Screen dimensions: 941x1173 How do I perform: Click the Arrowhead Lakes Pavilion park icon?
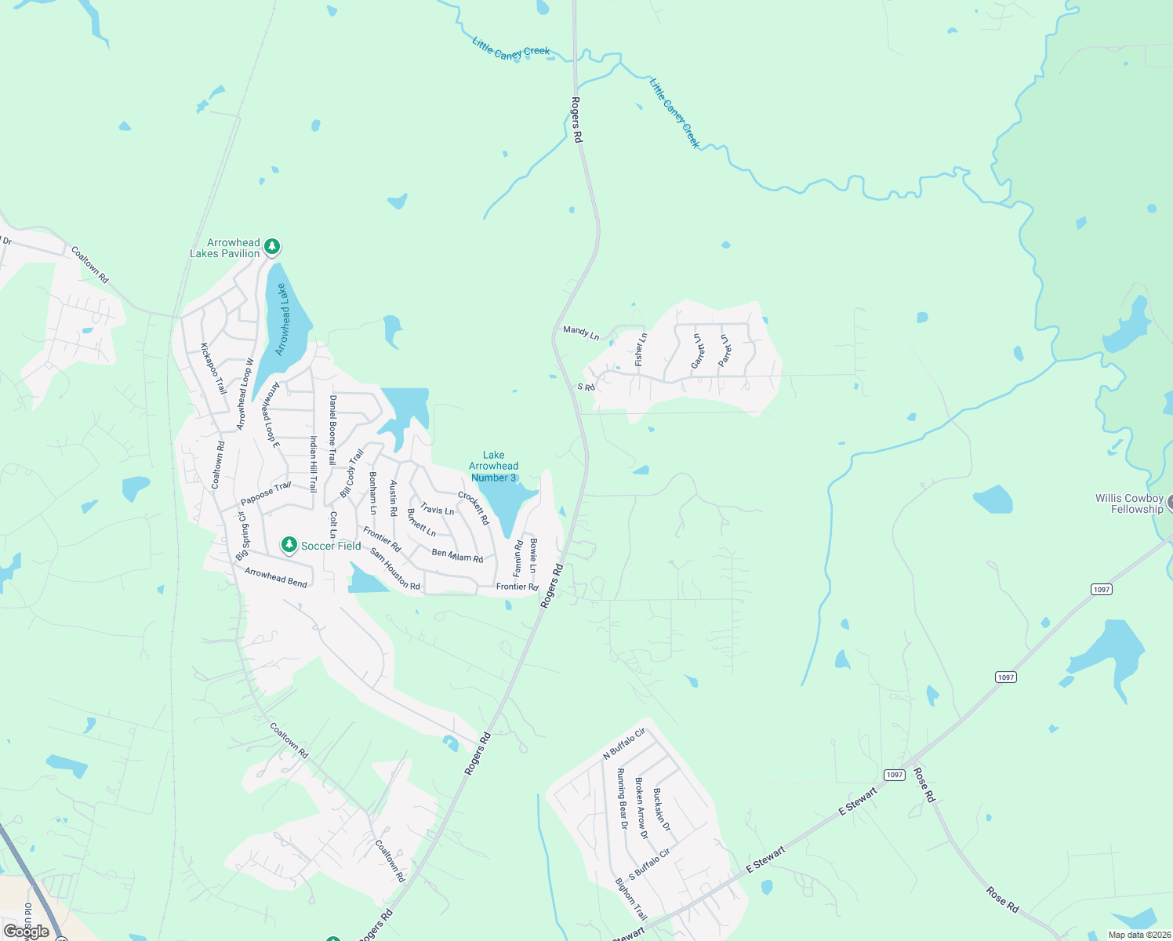pos(272,247)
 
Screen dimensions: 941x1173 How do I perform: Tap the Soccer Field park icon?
pos(289,545)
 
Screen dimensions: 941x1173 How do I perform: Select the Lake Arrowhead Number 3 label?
pos(494,467)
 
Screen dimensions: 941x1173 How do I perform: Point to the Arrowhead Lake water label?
pos(282,320)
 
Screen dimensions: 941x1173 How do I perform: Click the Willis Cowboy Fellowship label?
pos(1129,503)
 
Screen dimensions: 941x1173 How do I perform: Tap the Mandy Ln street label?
pos(581,332)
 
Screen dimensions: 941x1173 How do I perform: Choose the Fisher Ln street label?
pos(641,349)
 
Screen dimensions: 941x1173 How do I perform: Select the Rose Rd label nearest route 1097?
pos(924,785)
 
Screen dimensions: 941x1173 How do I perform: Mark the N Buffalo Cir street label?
pos(624,743)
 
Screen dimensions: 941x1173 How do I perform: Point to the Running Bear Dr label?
pos(622,798)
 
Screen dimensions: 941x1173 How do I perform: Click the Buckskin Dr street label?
pos(663,809)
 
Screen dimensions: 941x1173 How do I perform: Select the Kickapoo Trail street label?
pos(213,369)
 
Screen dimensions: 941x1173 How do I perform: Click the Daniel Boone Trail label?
pos(333,430)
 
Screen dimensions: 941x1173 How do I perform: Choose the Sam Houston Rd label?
pos(395,569)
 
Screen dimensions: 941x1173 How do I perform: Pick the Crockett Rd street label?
pos(474,508)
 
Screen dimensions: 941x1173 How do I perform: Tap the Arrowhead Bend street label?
pos(276,577)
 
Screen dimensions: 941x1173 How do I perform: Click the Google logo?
pos(27,932)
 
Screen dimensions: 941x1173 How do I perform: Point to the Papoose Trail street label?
pos(266,494)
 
